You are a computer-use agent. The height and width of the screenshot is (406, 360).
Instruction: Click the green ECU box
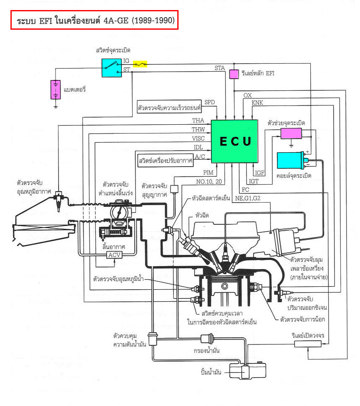click(x=235, y=141)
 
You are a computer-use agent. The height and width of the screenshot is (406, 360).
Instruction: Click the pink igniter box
click(x=291, y=134)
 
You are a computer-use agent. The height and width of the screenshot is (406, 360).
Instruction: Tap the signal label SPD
click(x=209, y=103)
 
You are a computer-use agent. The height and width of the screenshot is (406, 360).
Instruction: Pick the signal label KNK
click(x=258, y=103)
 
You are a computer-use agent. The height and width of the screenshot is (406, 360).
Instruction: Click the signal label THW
click(x=198, y=129)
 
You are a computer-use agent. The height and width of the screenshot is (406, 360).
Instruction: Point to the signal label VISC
click(x=198, y=139)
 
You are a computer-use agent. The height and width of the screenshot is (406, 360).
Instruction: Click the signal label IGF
click(x=260, y=172)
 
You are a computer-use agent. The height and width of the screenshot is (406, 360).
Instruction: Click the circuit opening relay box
click(x=308, y=344)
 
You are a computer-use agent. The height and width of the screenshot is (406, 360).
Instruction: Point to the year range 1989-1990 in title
click(x=153, y=20)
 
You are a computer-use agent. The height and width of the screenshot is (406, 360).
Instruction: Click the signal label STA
click(x=220, y=68)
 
